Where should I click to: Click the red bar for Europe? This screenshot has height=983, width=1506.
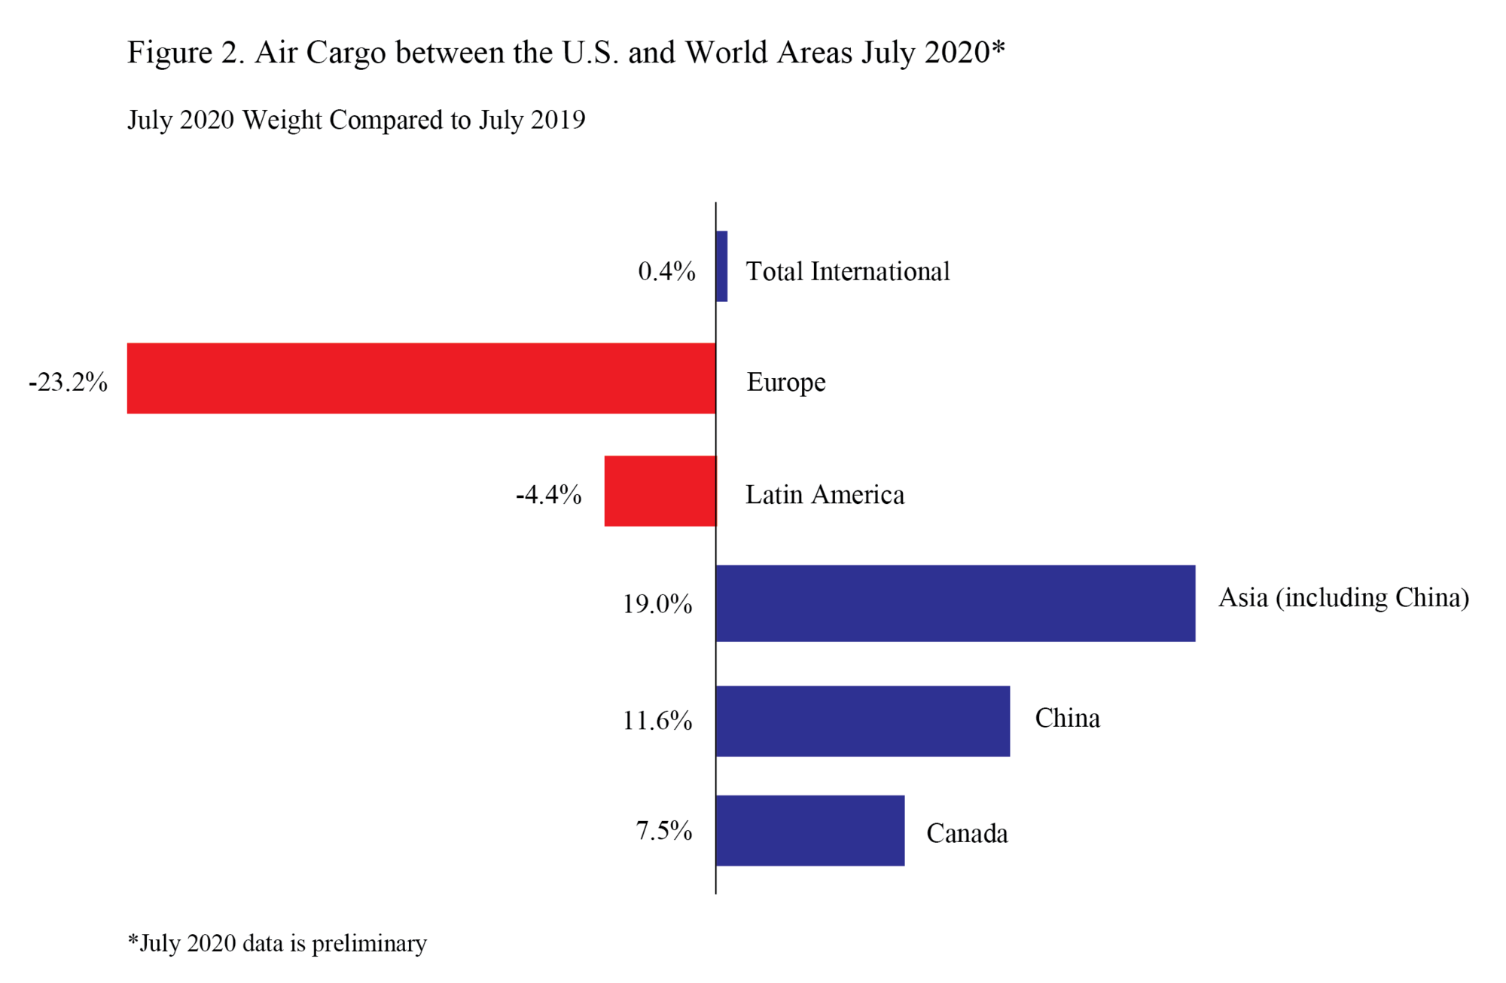pos(421,378)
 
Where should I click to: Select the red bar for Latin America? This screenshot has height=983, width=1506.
pos(660,491)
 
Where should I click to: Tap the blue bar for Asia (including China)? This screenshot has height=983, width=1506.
pos(955,603)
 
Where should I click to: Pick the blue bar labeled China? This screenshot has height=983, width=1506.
pos(862,721)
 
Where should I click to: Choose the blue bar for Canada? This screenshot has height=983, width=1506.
pos(809,831)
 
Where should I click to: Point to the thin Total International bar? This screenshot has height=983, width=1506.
pos(721,267)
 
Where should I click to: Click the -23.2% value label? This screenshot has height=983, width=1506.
pos(69,383)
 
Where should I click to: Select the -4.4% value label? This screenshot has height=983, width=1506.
pos(549,495)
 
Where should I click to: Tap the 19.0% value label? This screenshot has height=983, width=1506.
pos(657,604)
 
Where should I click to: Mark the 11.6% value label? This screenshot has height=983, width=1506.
pos(657,721)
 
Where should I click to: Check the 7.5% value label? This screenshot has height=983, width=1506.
pos(663,831)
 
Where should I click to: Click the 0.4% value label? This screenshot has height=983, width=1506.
pos(666,271)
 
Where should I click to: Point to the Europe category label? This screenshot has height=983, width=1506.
pos(786,383)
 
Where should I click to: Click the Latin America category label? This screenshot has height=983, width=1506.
pos(825,495)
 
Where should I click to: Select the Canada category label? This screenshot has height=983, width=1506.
pos(967,834)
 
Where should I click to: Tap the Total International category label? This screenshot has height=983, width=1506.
pos(848,271)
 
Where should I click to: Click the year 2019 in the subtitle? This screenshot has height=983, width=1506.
pos(557,120)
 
